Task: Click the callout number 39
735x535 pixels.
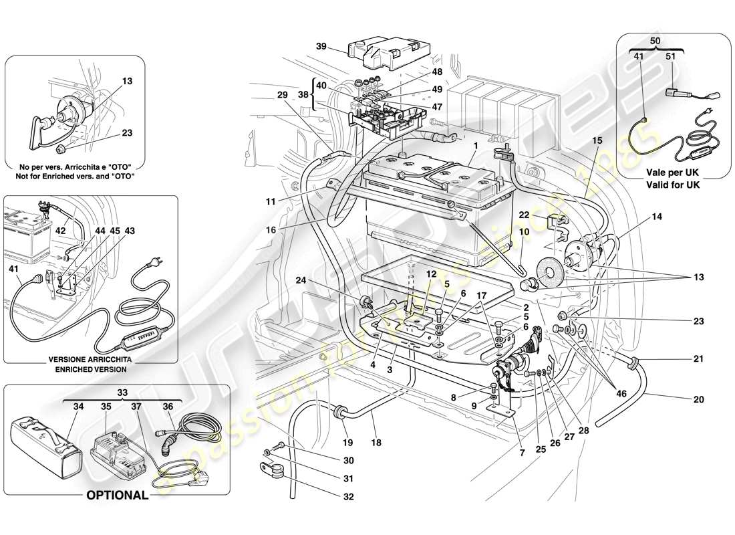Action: pyautogui.click(x=321, y=46)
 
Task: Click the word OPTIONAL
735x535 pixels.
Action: pyautogui.click(x=116, y=496)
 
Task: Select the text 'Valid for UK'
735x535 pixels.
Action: pyautogui.click(x=673, y=185)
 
